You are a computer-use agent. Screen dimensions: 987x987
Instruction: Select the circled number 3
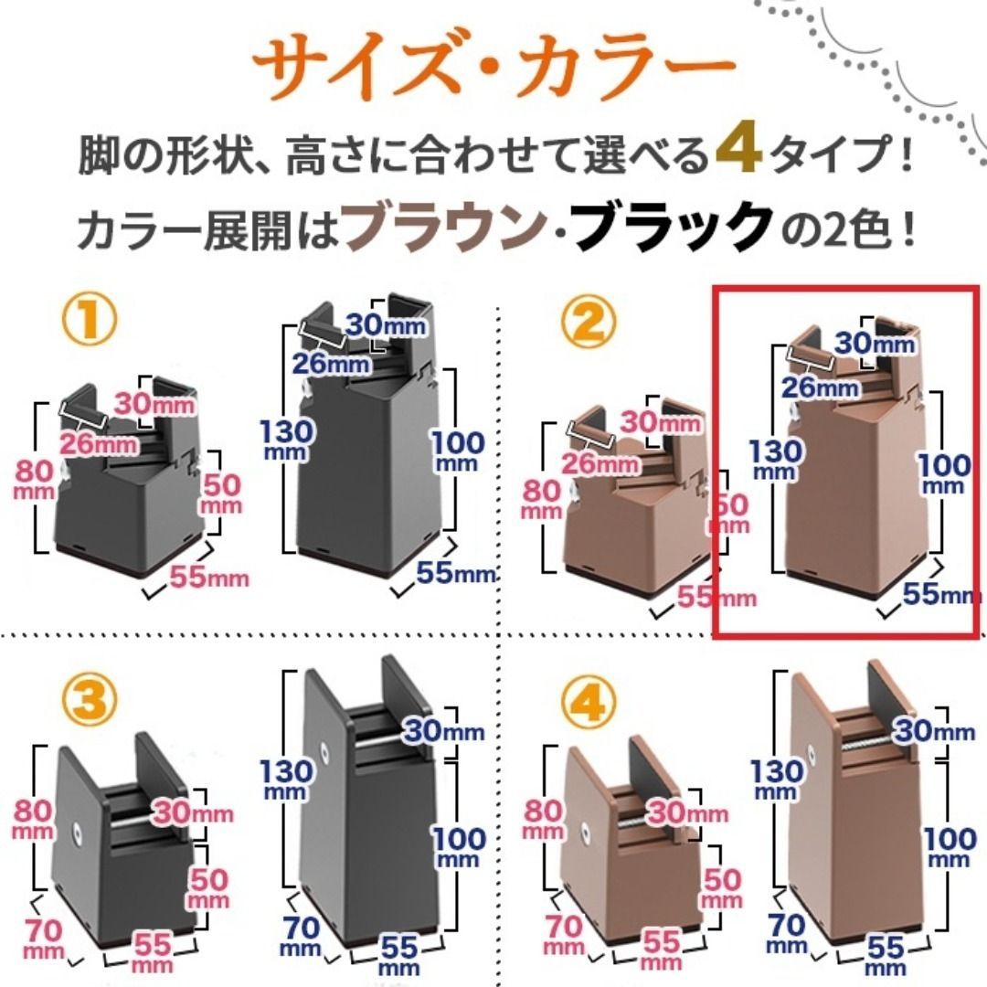pos(90,700)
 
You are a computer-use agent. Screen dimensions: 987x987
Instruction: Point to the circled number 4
pos(589,703)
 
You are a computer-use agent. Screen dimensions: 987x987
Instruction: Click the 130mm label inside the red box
pos(775,460)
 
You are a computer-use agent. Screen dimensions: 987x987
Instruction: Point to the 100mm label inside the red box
pos(943,474)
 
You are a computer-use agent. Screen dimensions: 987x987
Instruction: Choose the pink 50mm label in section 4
pos(722,888)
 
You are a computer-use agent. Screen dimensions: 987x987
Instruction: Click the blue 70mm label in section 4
pos(786,934)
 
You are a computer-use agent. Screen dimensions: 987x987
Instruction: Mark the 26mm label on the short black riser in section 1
pos(99,444)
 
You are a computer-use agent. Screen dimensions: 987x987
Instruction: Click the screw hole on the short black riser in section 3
pos(78,832)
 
